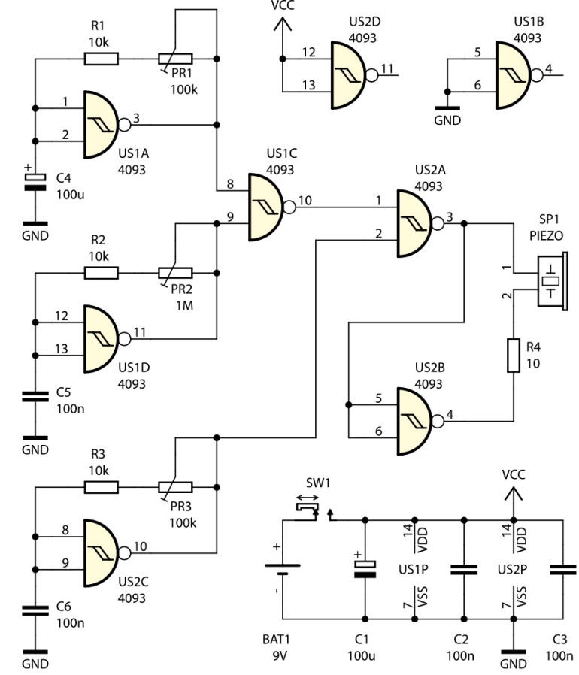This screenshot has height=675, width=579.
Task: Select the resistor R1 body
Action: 101,58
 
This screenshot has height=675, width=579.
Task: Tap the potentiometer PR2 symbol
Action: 175,273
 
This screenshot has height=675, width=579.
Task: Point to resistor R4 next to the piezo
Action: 514,355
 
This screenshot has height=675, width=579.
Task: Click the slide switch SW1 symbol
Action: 307,511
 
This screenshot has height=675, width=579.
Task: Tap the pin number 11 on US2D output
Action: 387,69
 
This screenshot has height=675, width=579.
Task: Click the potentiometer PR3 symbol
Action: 175,487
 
